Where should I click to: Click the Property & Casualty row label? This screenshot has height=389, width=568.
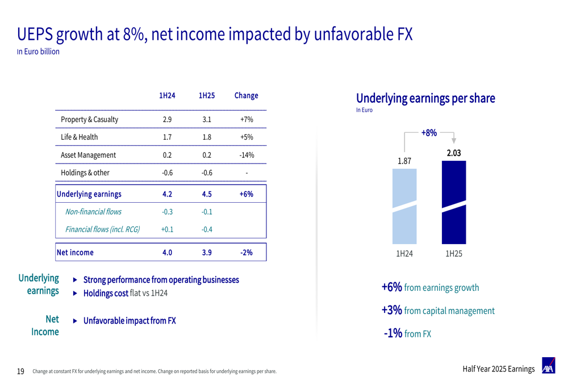89,120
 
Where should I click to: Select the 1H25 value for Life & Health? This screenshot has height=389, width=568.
207,137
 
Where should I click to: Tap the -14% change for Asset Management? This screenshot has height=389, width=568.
246,155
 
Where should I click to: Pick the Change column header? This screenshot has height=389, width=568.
246,95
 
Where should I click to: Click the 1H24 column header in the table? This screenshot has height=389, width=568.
167,95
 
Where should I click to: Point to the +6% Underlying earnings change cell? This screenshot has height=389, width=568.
246,194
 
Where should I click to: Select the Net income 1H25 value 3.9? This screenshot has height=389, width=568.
207,252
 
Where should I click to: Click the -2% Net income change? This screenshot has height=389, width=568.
246,252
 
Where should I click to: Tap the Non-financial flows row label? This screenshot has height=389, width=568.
93,212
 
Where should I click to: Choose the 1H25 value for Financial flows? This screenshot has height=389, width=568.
207,229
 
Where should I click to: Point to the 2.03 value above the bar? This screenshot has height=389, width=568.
453,153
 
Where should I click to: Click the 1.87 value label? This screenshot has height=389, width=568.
404,161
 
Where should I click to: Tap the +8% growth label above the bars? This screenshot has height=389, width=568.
429,133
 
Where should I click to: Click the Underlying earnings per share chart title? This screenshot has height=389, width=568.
425,98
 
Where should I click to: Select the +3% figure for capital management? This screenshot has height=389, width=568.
392,310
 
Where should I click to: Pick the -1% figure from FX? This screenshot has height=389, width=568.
393,333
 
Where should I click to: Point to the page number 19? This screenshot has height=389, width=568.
20,371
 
